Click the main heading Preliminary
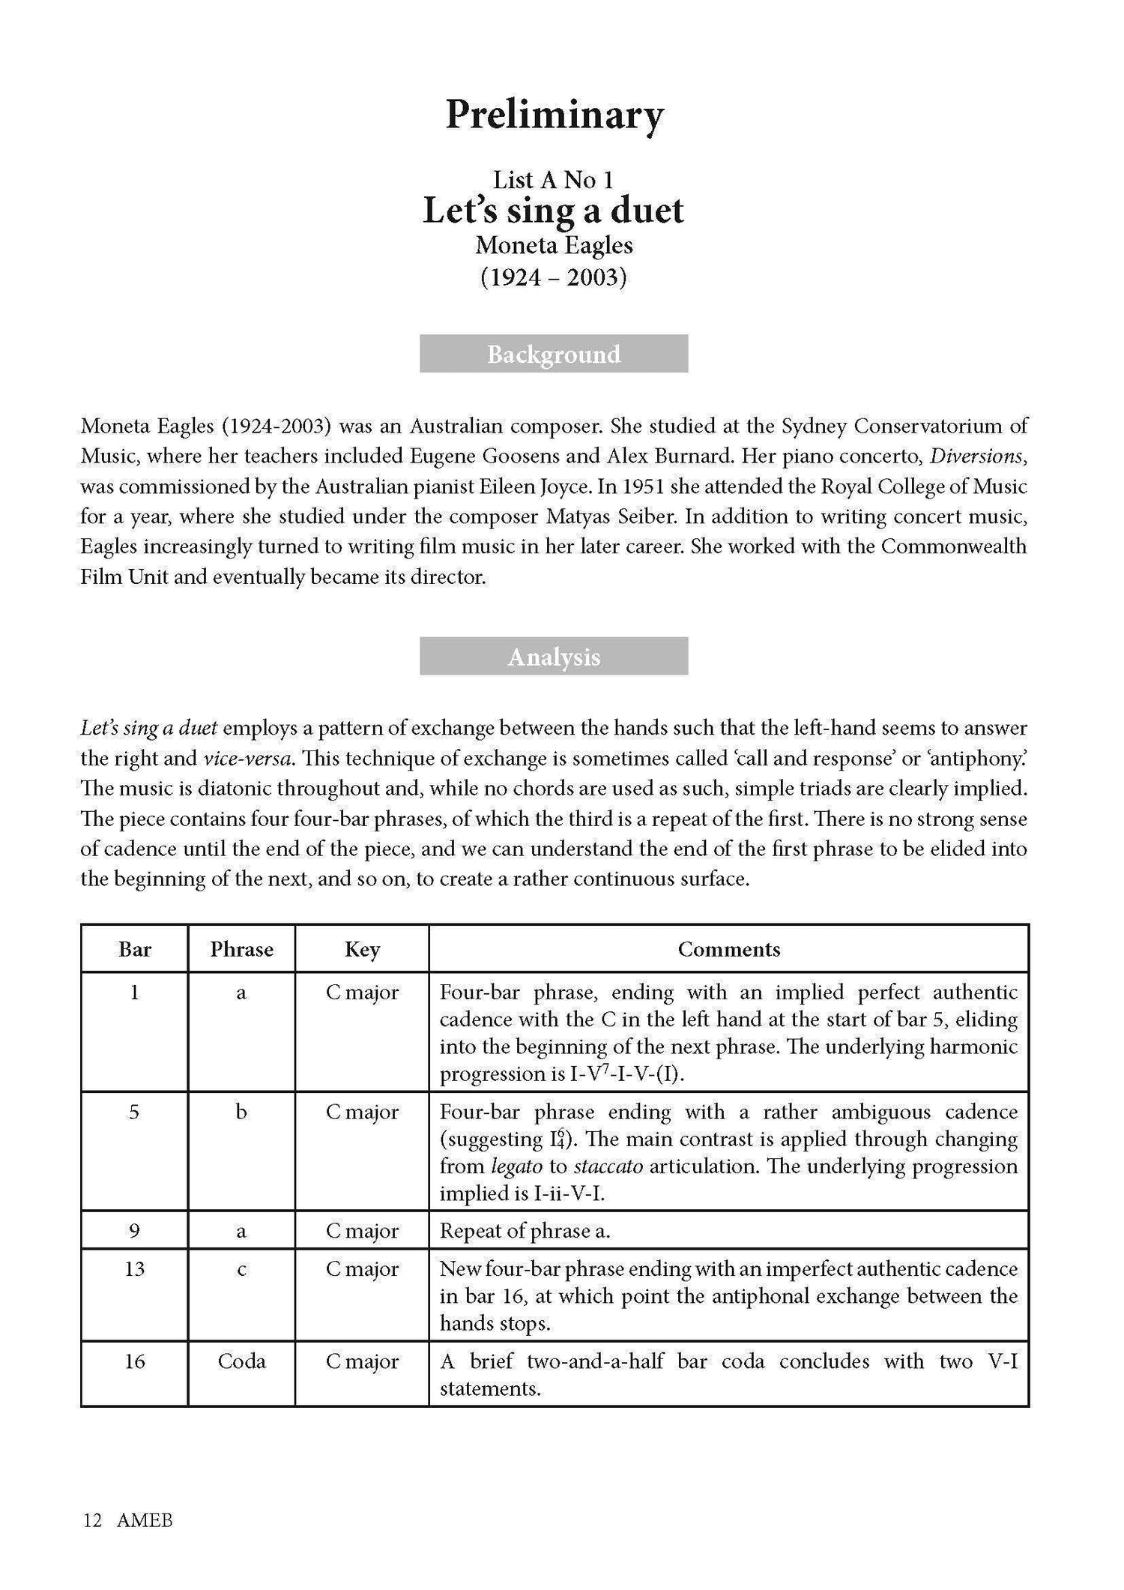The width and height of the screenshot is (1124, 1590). point(555,115)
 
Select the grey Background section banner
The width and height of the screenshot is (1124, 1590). point(554,354)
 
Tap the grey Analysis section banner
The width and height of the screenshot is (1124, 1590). point(554,657)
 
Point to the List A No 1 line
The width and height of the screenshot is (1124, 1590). point(553,179)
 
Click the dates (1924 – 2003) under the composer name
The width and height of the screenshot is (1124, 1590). point(553,278)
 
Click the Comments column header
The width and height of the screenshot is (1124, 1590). point(728,949)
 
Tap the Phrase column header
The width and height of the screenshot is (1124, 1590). point(241,949)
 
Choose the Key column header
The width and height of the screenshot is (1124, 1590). point(362,949)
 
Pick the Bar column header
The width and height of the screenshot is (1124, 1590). point(135,949)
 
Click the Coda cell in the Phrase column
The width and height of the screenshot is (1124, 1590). point(241,1361)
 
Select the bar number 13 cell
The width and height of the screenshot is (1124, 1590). point(135,1268)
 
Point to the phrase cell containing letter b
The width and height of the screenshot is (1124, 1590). point(241,1112)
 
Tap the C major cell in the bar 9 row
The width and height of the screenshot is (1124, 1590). point(362,1231)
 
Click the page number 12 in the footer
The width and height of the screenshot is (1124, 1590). point(92,1520)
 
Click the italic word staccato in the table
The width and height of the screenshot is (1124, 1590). point(606,1166)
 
